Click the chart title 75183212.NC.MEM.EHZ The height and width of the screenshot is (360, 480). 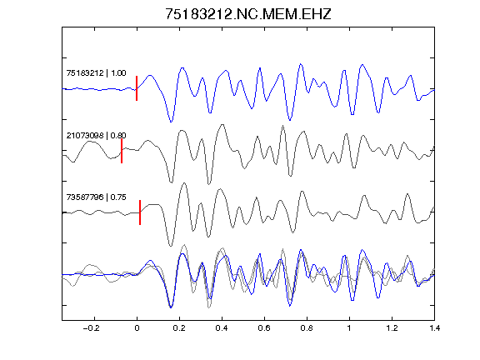[248, 14]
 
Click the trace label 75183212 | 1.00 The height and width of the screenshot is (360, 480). [96, 72]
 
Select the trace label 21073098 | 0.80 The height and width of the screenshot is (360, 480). [96, 135]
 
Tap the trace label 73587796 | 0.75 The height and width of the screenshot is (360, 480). [96, 197]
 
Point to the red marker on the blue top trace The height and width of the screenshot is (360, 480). [137, 88]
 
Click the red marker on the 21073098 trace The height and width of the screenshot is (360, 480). [122, 151]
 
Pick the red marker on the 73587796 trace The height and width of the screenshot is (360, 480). [140, 212]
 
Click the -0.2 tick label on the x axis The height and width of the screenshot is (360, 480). [91, 328]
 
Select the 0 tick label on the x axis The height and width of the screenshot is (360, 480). [137, 328]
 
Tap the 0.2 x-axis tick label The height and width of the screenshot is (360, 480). [179, 328]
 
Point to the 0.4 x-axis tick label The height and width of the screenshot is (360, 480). [222, 328]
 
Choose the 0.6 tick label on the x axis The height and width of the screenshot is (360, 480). [264, 328]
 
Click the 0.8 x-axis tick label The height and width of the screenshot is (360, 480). [307, 328]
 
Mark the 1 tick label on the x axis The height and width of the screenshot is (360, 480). [349, 328]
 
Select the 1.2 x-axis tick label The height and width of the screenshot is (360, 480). [392, 328]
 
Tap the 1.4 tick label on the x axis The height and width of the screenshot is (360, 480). [434, 328]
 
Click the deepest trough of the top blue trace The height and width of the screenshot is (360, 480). [171, 122]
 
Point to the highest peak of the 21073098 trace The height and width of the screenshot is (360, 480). [222, 125]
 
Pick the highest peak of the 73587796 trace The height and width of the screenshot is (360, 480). [184, 183]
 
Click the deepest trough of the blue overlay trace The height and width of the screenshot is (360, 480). [171, 307]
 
